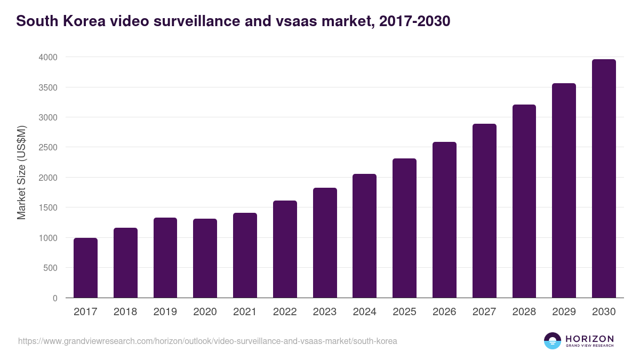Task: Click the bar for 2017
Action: (x=85, y=268)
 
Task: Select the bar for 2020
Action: (x=205, y=258)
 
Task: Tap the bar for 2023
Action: (x=325, y=243)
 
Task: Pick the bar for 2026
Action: (x=444, y=220)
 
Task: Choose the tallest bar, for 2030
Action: (x=604, y=179)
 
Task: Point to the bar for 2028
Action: (x=524, y=201)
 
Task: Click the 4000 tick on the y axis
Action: (x=47, y=57)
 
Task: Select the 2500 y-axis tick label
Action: (x=47, y=147)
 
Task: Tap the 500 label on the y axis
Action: (x=50, y=268)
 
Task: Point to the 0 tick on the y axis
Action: (x=55, y=298)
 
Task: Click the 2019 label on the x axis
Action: (x=165, y=312)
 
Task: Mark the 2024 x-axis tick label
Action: (x=364, y=312)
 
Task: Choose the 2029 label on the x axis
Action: (x=564, y=312)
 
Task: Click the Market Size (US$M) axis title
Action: (x=21, y=172)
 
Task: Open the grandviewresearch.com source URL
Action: (x=207, y=341)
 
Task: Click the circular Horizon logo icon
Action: (x=553, y=341)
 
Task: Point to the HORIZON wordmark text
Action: (x=589, y=338)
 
